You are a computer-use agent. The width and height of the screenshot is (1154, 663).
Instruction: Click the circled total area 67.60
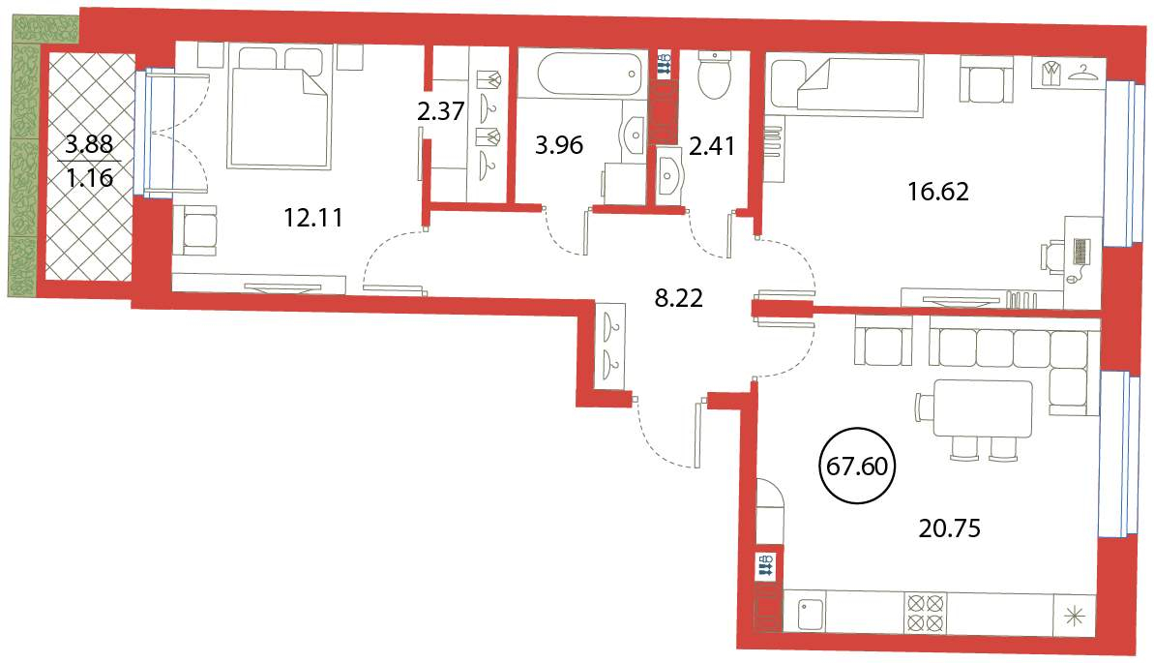(x=857, y=467)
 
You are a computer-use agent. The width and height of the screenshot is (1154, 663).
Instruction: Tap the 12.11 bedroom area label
(x=313, y=218)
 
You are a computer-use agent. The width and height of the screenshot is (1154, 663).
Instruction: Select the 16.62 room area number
(x=937, y=192)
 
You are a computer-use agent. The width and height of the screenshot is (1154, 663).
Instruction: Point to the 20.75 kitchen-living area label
(x=949, y=528)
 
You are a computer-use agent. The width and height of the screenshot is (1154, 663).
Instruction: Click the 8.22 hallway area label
(x=678, y=297)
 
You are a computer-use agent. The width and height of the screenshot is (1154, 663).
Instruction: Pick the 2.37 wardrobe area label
(x=441, y=111)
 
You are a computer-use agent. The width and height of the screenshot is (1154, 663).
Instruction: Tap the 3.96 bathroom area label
(x=559, y=145)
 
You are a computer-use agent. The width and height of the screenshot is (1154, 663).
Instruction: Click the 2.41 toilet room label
(x=712, y=145)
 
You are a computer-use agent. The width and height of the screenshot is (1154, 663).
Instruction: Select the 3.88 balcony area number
(x=89, y=143)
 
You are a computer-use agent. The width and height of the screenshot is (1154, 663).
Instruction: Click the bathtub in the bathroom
(x=589, y=74)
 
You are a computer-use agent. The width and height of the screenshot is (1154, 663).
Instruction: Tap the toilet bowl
(x=714, y=75)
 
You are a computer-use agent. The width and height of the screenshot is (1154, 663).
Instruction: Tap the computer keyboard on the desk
(x=1081, y=252)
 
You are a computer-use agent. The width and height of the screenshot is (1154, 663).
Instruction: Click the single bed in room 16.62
(x=844, y=85)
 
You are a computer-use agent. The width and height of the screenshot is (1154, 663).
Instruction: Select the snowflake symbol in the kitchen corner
(x=1075, y=616)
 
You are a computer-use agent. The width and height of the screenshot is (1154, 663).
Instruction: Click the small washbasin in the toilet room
(x=669, y=174)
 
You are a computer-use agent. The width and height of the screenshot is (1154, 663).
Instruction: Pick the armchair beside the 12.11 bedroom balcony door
(x=195, y=229)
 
